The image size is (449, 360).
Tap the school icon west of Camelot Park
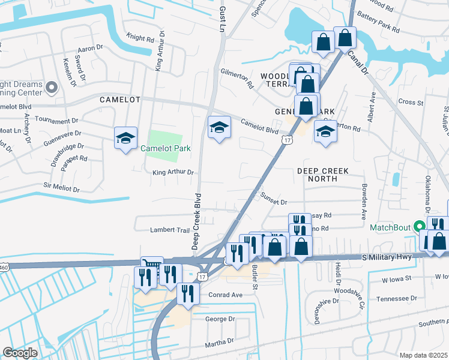(126, 139)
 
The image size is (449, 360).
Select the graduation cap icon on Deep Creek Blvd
(219, 127)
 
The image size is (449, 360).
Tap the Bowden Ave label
(364, 202)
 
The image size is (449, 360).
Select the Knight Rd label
(140, 38)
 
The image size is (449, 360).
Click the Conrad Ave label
(225, 295)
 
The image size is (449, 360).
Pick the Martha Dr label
(218, 342)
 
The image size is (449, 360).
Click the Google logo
(20, 353)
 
